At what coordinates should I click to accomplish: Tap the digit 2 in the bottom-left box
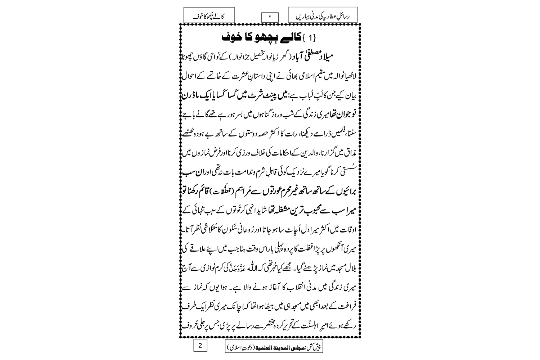point(201,346)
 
